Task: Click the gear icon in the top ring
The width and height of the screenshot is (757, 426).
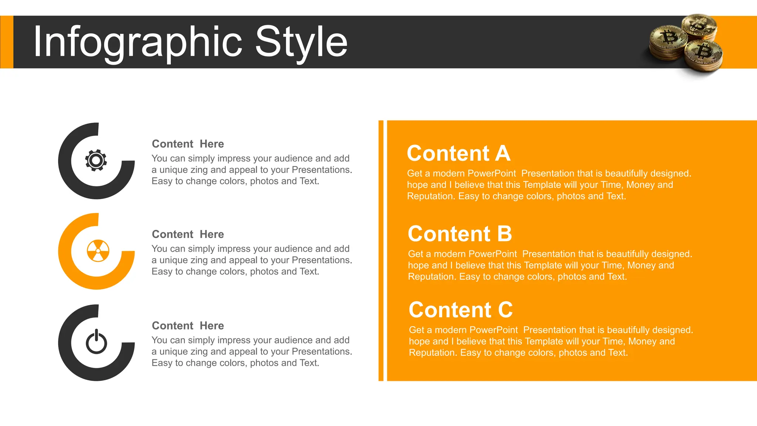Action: pos(96,160)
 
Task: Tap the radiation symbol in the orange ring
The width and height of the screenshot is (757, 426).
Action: pos(98,251)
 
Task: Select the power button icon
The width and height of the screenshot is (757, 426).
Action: pos(96,342)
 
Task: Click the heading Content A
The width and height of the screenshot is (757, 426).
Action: pos(458,153)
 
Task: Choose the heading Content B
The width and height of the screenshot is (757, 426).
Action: pos(460,234)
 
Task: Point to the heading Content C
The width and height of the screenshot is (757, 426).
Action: pos(461,310)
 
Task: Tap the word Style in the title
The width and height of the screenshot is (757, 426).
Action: pos(301,42)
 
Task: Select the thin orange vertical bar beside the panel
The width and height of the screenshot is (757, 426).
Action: pos(381,250)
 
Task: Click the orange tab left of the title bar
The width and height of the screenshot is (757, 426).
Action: pos(6,42)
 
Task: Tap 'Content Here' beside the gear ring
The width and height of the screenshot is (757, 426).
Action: pos(188,144)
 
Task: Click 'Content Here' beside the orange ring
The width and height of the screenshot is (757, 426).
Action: pos(188,234)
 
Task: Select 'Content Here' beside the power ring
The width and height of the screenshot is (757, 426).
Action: pos(188,325)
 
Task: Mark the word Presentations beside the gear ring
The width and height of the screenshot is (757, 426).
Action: pos(322,170)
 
